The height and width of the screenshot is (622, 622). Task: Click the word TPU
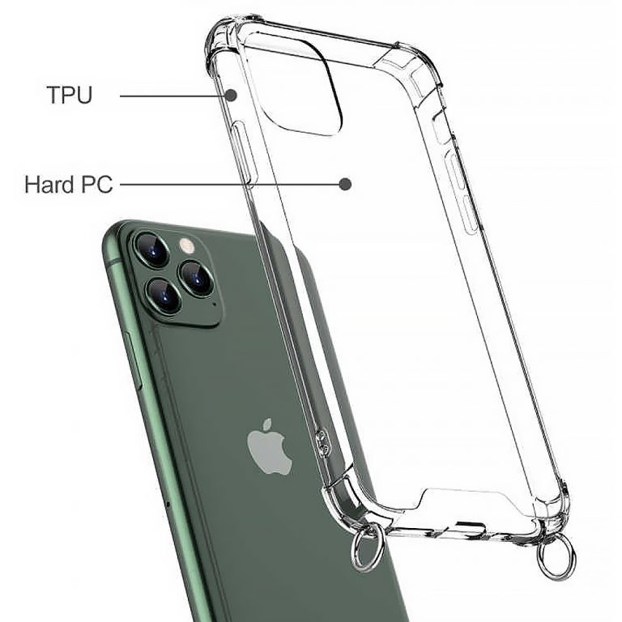70,95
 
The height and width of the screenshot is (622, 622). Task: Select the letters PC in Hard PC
96,184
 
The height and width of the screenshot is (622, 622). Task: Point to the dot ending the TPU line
231,95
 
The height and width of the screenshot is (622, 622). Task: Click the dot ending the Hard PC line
345,184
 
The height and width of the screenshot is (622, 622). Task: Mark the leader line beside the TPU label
173,96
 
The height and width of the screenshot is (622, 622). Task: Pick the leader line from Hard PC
227,184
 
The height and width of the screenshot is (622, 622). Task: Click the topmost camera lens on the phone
152,249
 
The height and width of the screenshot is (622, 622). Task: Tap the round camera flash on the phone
187,245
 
